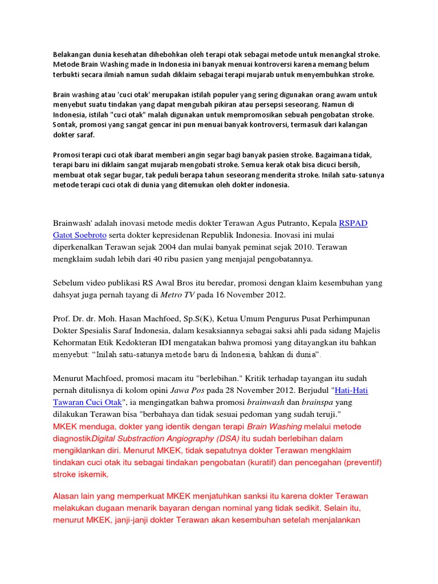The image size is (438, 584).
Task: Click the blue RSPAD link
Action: point(353,223)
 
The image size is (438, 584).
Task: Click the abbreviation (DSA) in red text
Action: point(226,438)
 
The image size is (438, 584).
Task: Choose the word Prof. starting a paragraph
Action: point(63,319)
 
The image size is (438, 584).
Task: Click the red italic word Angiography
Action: point(174,438)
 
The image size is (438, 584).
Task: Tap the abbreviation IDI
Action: point(190,343)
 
